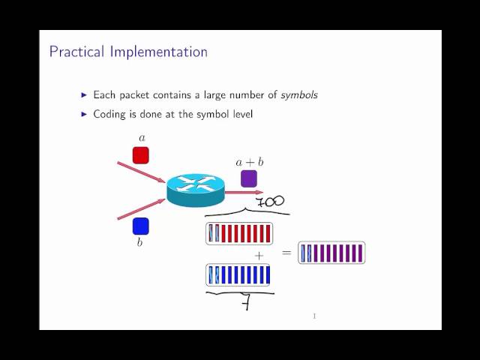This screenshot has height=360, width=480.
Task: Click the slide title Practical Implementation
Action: tap(128, 52)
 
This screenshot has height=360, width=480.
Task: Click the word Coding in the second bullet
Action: tap(110, 114)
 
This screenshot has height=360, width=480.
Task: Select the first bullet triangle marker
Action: tap(84, 95)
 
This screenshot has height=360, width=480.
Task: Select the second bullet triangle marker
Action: tap(84, 114)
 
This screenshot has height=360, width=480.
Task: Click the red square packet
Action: tap(141, 155)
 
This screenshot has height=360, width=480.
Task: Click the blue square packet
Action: tap(141, 226)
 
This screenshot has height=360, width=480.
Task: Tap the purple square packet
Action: tap(249, 178)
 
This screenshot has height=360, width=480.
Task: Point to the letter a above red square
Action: tap(142, 137)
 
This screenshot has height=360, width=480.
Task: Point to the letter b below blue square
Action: tap(139, 244)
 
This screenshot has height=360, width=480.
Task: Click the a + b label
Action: tap(249, 161)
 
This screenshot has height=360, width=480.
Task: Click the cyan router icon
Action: tap(195, 190)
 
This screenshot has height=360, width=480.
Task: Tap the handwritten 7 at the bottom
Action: tap(245, 304)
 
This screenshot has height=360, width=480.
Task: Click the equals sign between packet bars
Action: tap(286, 253)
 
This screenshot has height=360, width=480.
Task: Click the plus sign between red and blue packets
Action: tap(259, 256)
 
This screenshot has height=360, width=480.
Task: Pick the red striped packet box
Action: tap(238, 234)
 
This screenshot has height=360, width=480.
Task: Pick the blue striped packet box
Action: tap(238, 275)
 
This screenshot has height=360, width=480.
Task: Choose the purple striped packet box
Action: tap(331, 253)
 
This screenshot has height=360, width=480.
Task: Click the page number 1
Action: tap(314, 316)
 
